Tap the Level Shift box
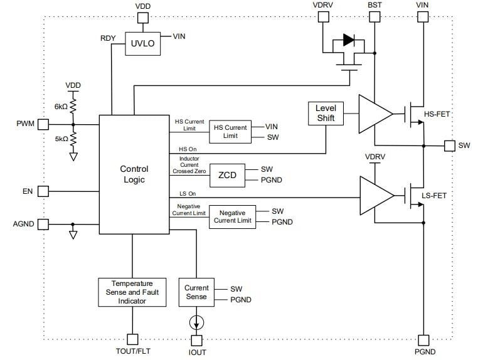click(x=326, y=113)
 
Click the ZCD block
click(x=228, y=175)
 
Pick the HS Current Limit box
click(x=230, y=132)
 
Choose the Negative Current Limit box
click(x=232, y=216)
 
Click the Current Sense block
click(x=196, y=292)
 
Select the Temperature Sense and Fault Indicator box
click(x=132, y=292)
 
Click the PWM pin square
click(x=43, y=124)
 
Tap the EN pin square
click(x=43, y=191)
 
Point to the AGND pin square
click(x=43, y=224)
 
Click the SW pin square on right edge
click(x=449, y=146)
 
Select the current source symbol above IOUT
click(x=197, y=321)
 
